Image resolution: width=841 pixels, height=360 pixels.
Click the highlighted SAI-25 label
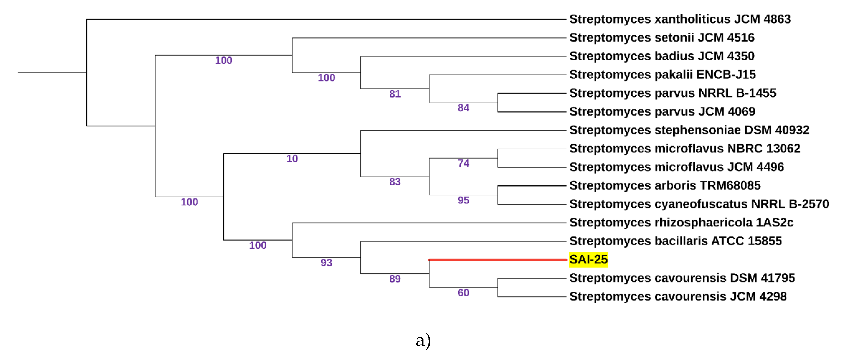(x=588, y=260)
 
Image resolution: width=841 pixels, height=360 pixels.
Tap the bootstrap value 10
(x=292, y=159)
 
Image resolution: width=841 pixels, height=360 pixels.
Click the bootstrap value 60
(x=463, y=292)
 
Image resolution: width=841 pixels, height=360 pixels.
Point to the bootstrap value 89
(x=395, y=279)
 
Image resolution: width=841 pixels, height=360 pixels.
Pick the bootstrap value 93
(x=326, y=263)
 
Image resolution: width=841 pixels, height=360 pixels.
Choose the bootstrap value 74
(x=463, y=163)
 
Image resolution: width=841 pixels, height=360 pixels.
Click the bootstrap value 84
(x=463, y=108)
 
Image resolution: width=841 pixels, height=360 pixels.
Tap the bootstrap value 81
(x=395, y=94)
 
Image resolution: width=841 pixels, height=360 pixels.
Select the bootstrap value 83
(x=395, y=182)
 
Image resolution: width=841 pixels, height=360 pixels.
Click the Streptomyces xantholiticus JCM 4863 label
(x=680, y=19)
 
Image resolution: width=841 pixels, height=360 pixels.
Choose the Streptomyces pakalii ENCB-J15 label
(x=662, y=75)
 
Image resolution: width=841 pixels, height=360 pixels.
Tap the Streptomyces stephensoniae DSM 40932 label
(x=689, y=130)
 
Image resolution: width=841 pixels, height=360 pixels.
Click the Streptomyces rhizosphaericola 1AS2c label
(x=681, y=223)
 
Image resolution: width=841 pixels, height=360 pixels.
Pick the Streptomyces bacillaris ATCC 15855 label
(x=675, y=241)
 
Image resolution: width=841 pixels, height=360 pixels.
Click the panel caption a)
(x=423, y=340)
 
